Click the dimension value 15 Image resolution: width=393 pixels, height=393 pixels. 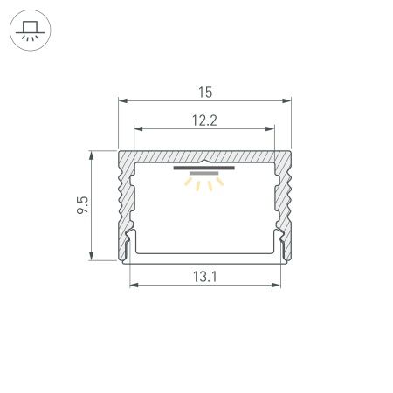[204, 91]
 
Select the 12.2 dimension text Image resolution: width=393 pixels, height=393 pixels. [204, 121]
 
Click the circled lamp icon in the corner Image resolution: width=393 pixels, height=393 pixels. [31, 32]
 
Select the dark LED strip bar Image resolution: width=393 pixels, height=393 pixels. [203, 168]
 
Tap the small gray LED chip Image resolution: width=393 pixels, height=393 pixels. [203, 175]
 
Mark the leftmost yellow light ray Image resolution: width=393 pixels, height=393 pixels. [188, 182]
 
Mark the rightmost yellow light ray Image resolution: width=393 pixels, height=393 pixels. [220, 182]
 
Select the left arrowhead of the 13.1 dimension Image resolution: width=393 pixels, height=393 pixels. [134, 286]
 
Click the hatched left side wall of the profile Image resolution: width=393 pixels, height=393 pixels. [123, 205]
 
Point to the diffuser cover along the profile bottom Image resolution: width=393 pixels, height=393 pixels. [203, 259]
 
